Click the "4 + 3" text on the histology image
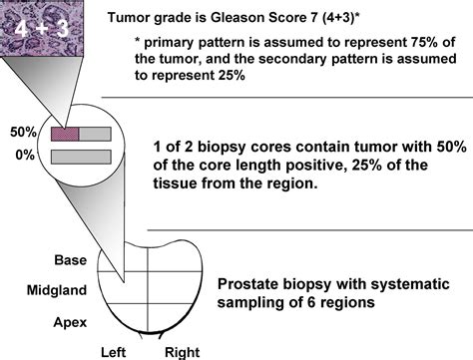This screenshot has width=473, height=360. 42,32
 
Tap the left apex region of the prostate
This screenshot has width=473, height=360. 126,317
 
